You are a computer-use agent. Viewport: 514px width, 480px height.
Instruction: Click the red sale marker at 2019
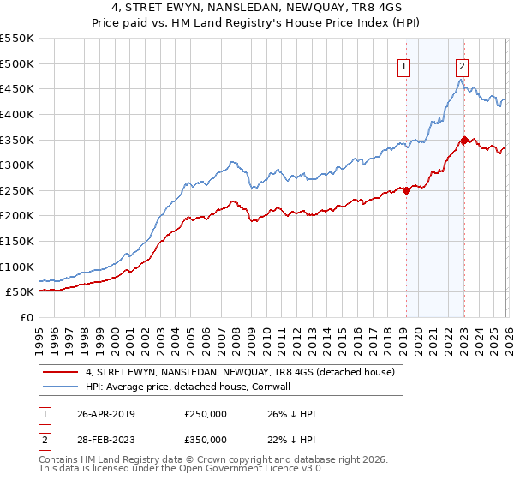tap(406, 190)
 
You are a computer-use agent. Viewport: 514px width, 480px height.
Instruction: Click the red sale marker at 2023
tap(464, 140)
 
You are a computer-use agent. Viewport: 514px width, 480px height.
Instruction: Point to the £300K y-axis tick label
tap(17, 165)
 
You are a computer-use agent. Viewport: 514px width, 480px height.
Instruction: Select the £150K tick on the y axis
tap(17, 241)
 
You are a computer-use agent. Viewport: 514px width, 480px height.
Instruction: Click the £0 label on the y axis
tap(26, 317)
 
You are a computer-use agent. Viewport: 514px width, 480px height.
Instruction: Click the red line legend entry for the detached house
tap(240, 373)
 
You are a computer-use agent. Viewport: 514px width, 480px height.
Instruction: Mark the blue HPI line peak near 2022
tap(460, 80)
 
